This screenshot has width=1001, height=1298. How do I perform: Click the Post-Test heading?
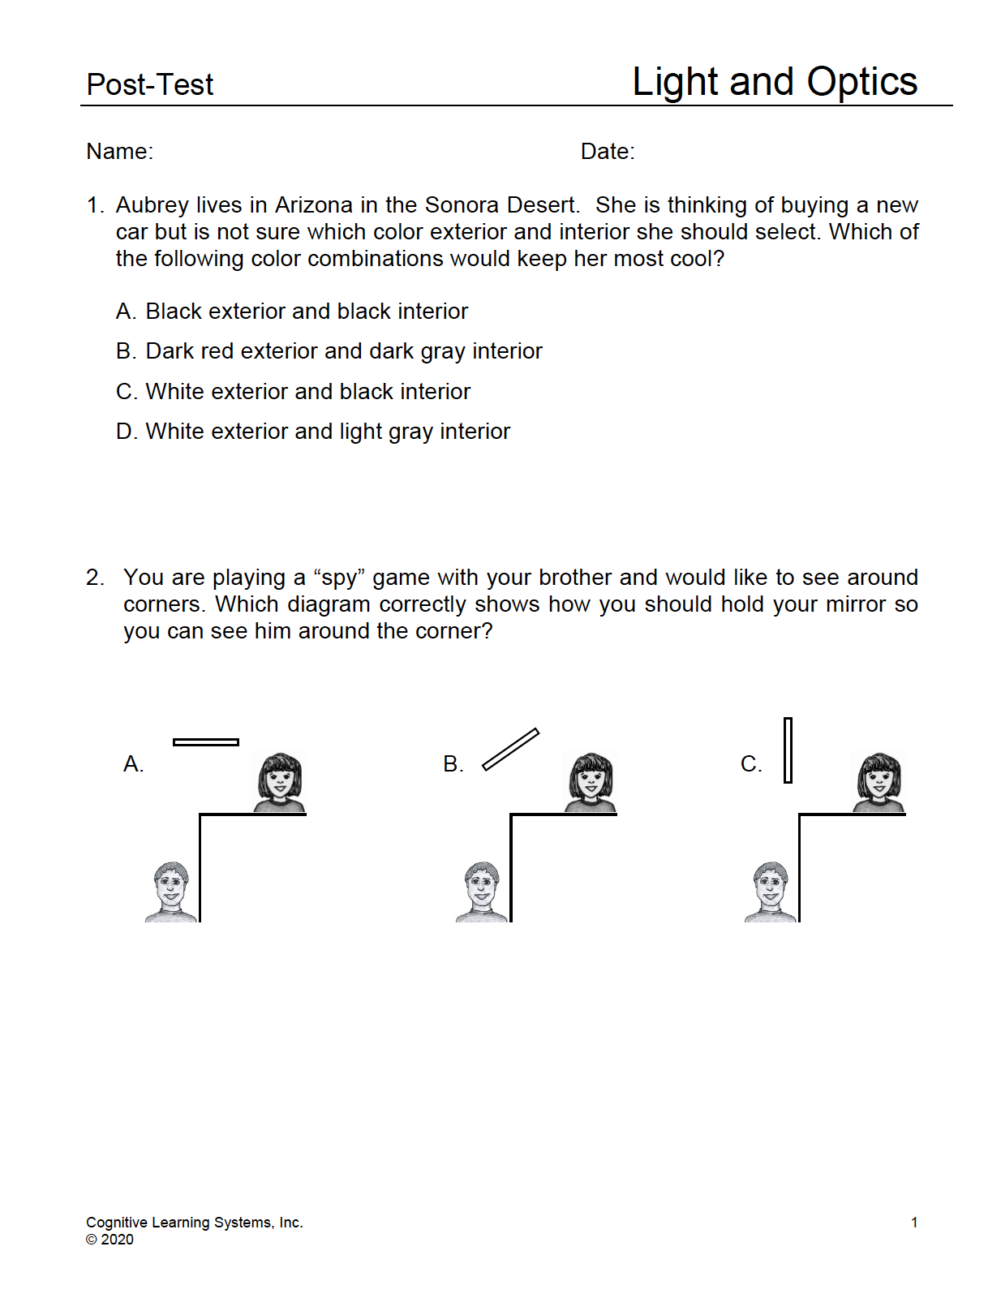click(x=149, y=84)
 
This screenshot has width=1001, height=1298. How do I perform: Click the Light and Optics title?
click(x=774, y=82)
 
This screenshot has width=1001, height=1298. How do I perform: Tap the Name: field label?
click(x=119, y=152)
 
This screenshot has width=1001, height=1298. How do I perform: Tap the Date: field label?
click(x=608, y=152)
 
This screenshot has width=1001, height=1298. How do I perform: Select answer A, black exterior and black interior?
click(x=292, y=312)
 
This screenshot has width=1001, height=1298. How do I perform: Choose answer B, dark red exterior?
click(x=329, y=351)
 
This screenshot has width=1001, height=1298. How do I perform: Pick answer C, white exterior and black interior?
click(x=293, y=392)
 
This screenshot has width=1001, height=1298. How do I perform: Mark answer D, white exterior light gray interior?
click(x=313, y=432)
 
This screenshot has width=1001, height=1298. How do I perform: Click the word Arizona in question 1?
click(x=314, y=205)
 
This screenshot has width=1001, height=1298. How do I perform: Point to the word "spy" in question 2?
click(x=339, y=578)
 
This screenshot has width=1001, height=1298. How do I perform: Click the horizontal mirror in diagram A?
click(x=206, y=741)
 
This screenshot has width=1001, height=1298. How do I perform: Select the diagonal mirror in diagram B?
click(x=510, y=749)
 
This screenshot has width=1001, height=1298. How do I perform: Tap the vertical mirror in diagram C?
click(x=788, y=750)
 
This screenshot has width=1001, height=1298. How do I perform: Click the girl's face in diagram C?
click(x=879, y=781)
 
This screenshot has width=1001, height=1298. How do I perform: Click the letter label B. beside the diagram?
click(x=453, y=764)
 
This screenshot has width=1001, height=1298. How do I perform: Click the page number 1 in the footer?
click(x=914, y=1223)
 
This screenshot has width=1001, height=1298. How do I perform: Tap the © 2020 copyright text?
click(x=110, y=1240)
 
